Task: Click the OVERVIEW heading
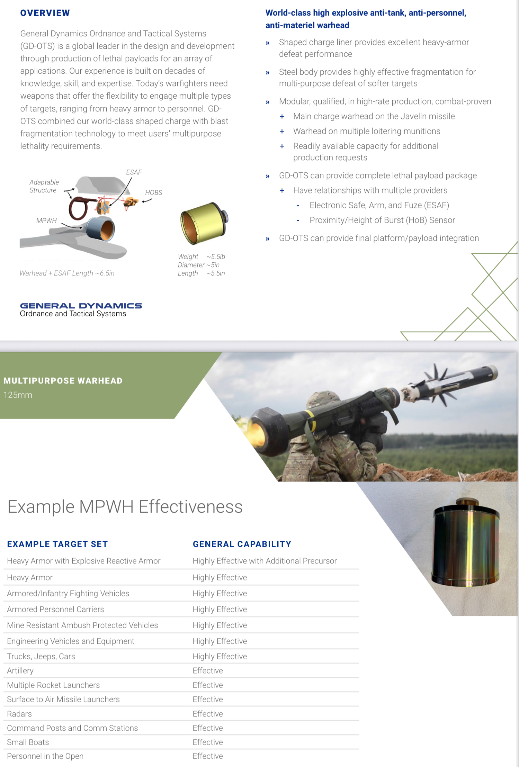[x=45, y=13]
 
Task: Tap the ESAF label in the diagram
[x=134, y=172]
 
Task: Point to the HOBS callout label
[x=154, y=193]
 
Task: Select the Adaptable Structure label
[x=44, y=186]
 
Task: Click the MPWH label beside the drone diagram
[x=46, y=221]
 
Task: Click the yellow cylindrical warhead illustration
[x=204, y=224]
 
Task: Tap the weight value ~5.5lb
[x=216, y=256]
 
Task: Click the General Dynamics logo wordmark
[x=81, y=306]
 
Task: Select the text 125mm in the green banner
[x=18, y=395]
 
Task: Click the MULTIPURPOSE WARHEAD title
[x=63, y=381]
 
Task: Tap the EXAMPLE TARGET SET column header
[x=57, y=544]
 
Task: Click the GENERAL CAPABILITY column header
[x=242, y=544]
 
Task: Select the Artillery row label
[x=20, y=671]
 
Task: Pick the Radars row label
[x=19, y=714]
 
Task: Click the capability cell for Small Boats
[x=208, y=742]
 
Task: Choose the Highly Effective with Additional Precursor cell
[x=265, y=561]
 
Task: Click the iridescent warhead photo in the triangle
[x=466, y=543]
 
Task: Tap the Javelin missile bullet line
[x=374, y=116]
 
